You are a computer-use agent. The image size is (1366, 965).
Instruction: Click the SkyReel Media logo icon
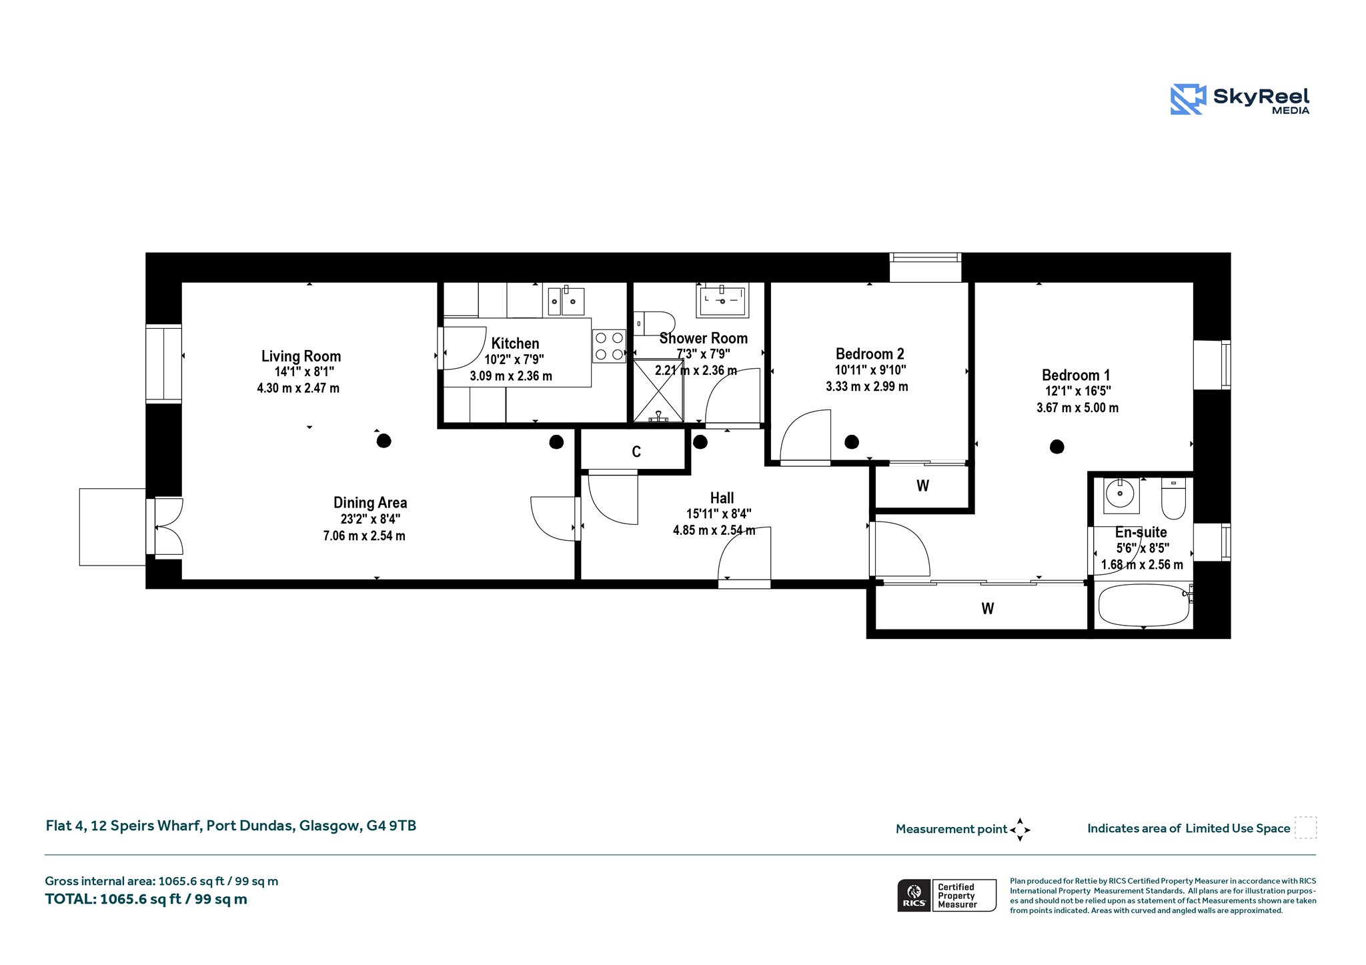[1188, 99]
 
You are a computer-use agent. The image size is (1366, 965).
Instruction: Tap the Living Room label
[301, 356]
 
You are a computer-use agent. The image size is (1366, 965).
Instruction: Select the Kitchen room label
[515, 343]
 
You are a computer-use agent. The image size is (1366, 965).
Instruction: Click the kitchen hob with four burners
[609, 346]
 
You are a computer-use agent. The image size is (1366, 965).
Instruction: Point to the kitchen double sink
[566, 301]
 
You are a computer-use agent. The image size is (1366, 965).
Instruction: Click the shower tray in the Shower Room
[658, 391]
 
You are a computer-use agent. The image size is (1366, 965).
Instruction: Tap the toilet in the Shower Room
[654, 323]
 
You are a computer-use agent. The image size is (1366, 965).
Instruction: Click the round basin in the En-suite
[1121, 495]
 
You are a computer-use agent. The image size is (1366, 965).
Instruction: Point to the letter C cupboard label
[636, 452]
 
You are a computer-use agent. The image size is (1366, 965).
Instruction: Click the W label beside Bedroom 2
[922, 486]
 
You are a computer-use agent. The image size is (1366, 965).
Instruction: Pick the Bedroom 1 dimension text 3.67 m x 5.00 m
[1077, 407]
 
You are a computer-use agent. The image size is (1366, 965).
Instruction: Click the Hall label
[722, 498]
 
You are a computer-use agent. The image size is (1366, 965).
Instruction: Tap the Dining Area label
[370, 503]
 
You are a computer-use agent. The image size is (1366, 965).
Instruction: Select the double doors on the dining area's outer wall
[165, 527]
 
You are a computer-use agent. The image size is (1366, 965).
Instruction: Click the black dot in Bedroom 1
[1057, 447]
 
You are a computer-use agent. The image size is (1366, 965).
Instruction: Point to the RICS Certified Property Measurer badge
[946, 895]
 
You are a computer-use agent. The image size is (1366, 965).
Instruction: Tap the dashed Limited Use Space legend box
[1305, 828]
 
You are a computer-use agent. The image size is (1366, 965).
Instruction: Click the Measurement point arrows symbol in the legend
[1020, 830]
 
